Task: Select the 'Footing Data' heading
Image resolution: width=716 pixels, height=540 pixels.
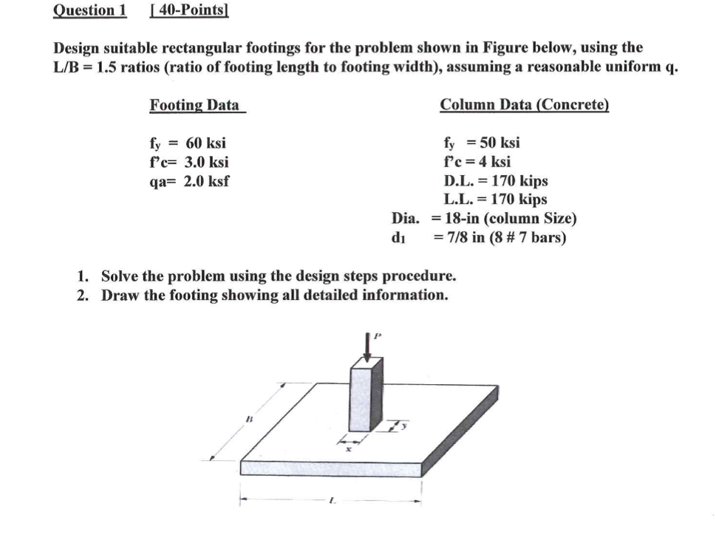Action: click(x=194, y=105)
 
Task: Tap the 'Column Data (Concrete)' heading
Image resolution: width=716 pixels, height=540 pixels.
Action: click(x=524, y=105)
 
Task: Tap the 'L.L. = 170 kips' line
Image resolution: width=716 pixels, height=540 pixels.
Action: click(x=495, y=199)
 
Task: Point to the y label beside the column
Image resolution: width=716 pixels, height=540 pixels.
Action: click(x=404, y=426)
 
